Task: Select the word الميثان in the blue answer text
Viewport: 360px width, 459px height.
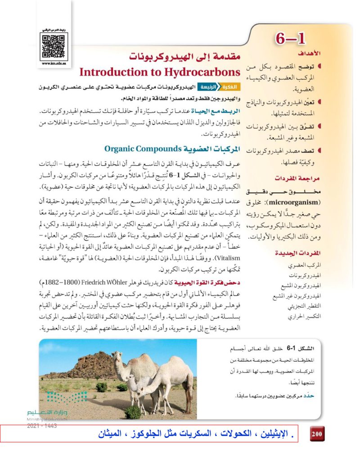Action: tap(111, 436)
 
